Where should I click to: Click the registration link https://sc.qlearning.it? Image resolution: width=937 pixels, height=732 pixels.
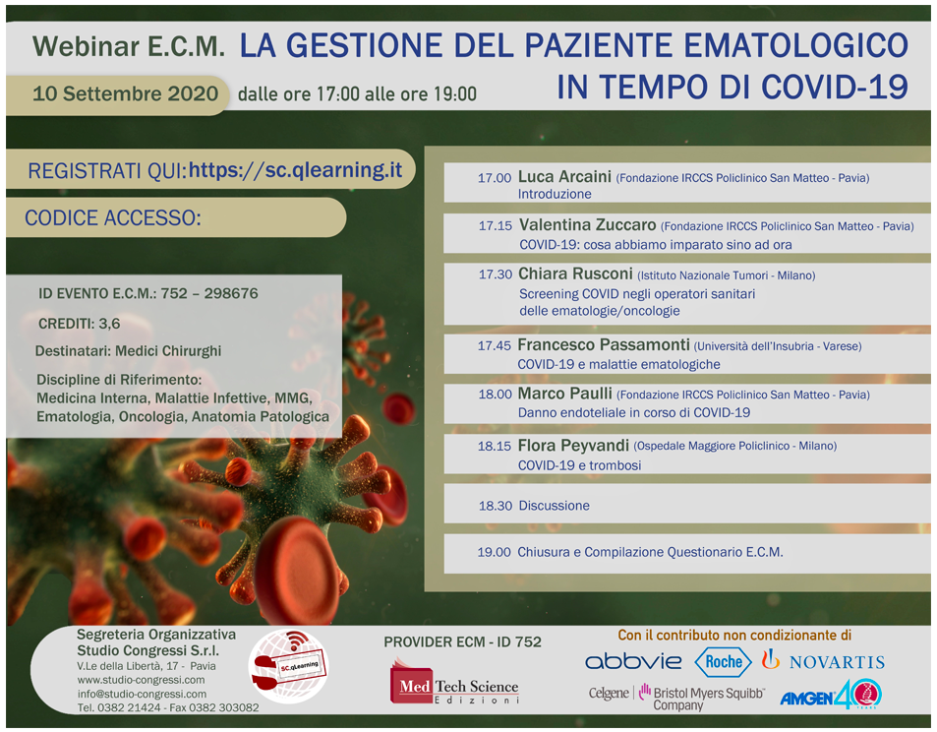(295, 169)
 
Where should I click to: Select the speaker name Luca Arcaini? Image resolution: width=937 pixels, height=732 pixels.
(563, 177)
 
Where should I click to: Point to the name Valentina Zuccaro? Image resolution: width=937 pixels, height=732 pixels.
(588, 225)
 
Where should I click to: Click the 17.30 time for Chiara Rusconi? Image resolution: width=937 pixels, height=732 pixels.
(495, 274)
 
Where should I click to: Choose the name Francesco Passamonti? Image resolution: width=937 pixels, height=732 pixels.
(603, 345)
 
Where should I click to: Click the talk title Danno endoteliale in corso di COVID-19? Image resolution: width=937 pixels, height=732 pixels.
(633, 412)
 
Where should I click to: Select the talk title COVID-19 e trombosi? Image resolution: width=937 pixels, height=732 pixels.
(579, 464)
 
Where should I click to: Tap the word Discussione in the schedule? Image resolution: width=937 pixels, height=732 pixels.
(554, 506)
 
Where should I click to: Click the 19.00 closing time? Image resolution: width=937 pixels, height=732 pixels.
(494, 552)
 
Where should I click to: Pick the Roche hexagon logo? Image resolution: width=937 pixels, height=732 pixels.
(723, 661)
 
